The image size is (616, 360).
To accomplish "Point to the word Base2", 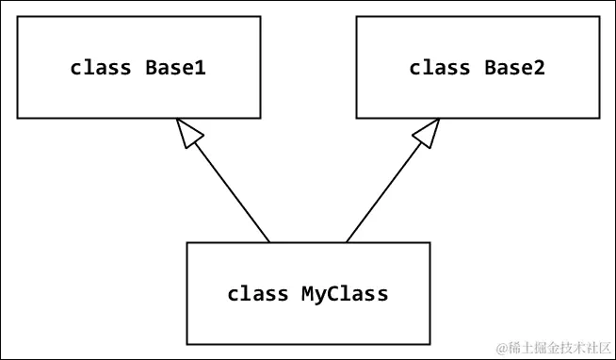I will click(515, 68).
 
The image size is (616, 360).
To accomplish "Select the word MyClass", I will click(345, 294).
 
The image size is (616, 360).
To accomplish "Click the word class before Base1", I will click(102, 68).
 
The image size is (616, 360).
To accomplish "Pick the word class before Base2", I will click(440, 68).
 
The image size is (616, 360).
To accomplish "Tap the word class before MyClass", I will click(257, 294).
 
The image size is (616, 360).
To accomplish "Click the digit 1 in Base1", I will click(202, 68).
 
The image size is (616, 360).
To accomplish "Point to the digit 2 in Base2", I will click(540, 68).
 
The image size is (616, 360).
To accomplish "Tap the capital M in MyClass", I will click(307, 294).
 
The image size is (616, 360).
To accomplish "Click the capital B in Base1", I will click(151, 68).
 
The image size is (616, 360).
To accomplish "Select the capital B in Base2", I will click(490, 68).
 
